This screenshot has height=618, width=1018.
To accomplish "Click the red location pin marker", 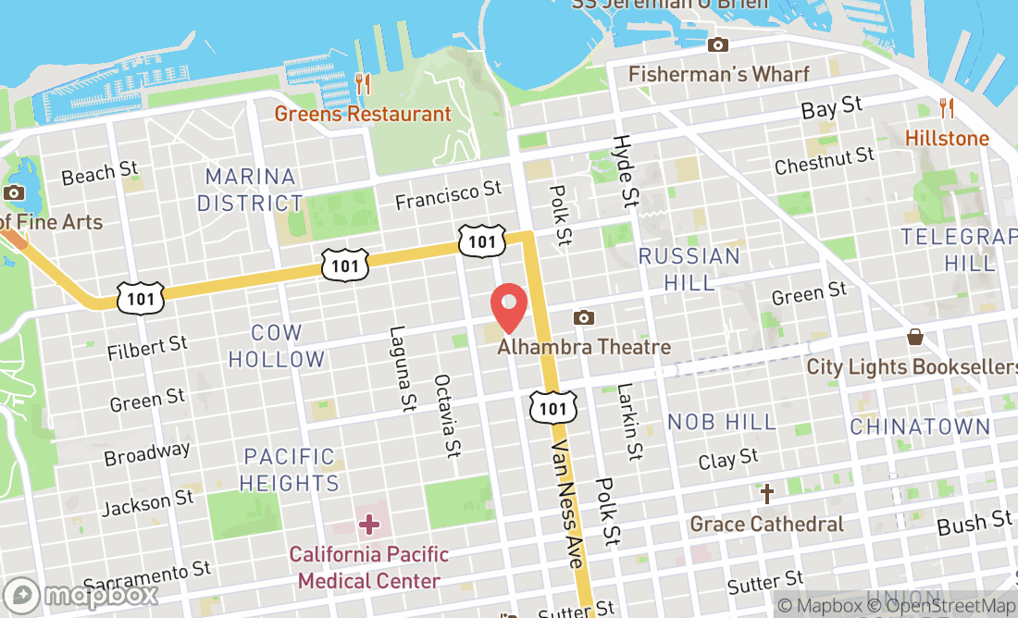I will [508, 307].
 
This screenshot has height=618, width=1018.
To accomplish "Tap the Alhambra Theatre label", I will [583, 348].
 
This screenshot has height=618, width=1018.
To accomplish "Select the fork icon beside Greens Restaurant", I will [363, 84].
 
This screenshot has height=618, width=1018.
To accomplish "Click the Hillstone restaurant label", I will [947, 139].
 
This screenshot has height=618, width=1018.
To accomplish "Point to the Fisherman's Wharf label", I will [718, 74].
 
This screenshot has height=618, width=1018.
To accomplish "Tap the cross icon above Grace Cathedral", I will [766, 492].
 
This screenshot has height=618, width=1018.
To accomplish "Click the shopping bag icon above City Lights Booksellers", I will [915, 337].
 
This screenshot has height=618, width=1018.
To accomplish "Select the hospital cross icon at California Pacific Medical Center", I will [368, 525].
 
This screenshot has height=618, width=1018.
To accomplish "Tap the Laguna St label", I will [401, 368].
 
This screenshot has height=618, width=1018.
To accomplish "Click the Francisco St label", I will [448, 195].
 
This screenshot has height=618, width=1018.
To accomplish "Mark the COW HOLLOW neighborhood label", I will [277, 346].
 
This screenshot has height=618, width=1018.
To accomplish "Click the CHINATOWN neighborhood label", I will [920, 426].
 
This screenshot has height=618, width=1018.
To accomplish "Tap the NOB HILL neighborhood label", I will [722, 423].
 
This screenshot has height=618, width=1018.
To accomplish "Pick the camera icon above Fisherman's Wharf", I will [717, 44].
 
